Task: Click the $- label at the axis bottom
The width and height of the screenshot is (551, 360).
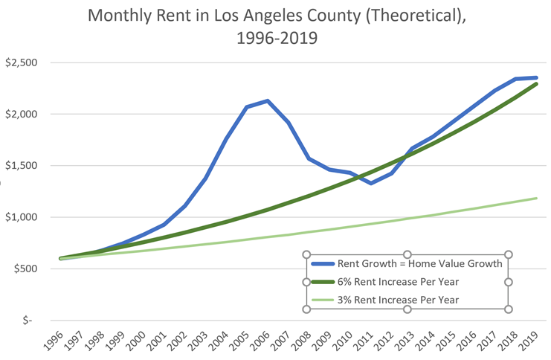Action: coord(29,320)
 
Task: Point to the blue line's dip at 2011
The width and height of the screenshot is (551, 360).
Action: coord(371,183)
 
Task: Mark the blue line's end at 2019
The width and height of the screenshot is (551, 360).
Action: coord(536,77)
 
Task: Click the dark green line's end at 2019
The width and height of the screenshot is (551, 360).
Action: coord(536,83)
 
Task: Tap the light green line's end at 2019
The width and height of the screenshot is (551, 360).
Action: coord(536,198)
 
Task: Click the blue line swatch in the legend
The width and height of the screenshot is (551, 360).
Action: coord(321,263)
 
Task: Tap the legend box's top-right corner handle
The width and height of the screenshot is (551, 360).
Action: coord(509,254)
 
